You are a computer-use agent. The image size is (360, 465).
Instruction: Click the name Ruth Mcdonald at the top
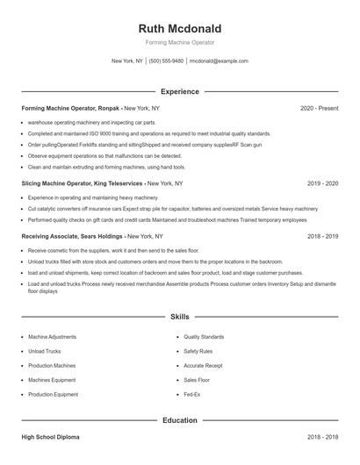179,26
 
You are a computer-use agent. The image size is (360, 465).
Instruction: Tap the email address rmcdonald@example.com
219,61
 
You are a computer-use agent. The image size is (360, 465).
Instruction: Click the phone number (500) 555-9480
166,61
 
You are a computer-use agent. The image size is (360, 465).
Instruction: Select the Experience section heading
179,91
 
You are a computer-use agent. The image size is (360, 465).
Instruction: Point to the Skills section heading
179,316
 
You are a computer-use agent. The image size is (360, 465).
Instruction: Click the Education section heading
179,420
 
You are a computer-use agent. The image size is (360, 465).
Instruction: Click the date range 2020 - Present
319,108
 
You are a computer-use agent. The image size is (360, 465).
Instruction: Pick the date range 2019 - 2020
322,183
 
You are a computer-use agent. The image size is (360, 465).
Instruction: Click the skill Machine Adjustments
52,337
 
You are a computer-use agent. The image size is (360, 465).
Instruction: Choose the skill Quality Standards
204,337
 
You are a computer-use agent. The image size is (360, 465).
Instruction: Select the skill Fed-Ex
191,395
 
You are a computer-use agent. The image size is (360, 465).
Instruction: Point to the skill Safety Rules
198,351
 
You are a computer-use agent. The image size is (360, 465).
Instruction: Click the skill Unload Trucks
44,351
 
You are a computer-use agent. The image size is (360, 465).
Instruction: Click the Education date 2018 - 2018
322,437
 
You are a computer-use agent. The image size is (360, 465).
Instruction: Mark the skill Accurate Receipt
203,366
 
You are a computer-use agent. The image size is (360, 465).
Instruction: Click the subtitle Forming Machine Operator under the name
179,42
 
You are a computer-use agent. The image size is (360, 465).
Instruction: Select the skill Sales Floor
197,380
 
